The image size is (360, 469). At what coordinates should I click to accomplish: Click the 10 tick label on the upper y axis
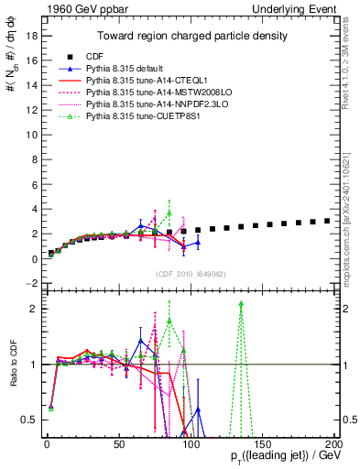coord(31,135)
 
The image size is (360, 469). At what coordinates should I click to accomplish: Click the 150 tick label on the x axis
coord(263,445)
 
